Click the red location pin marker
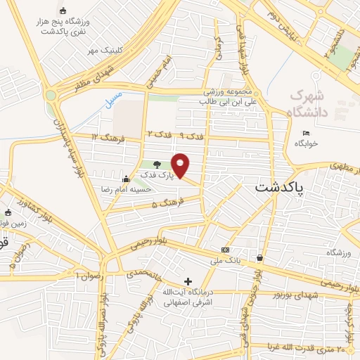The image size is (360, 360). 181,165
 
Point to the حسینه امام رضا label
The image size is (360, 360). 149,189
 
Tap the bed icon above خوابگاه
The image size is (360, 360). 305,134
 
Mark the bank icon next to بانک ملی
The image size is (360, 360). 225,250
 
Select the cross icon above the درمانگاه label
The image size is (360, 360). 188,281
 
